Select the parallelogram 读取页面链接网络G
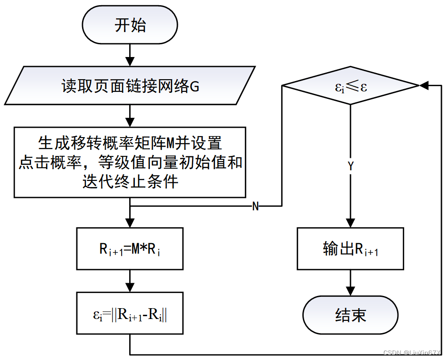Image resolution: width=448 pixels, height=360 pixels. (130, 85)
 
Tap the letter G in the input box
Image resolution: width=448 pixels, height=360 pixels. (194, 86)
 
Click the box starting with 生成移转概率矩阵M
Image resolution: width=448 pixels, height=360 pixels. (130, 162)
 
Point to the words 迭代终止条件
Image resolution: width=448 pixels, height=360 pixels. (130, 181)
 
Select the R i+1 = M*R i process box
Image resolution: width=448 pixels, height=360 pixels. (130, 249)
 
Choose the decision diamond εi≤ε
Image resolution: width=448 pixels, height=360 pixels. (350, 86)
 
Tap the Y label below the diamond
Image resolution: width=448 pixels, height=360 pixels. (350, 166)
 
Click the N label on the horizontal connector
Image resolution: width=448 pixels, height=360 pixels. (256, 206)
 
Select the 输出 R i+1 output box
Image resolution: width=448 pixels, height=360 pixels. (350, 249)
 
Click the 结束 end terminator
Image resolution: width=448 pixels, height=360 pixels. (350, 315)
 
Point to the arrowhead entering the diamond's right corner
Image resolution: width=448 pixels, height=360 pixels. (424, 86)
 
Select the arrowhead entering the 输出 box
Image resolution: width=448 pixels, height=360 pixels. (350, 222)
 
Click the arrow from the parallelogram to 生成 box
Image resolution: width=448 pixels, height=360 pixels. (130, 116)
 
